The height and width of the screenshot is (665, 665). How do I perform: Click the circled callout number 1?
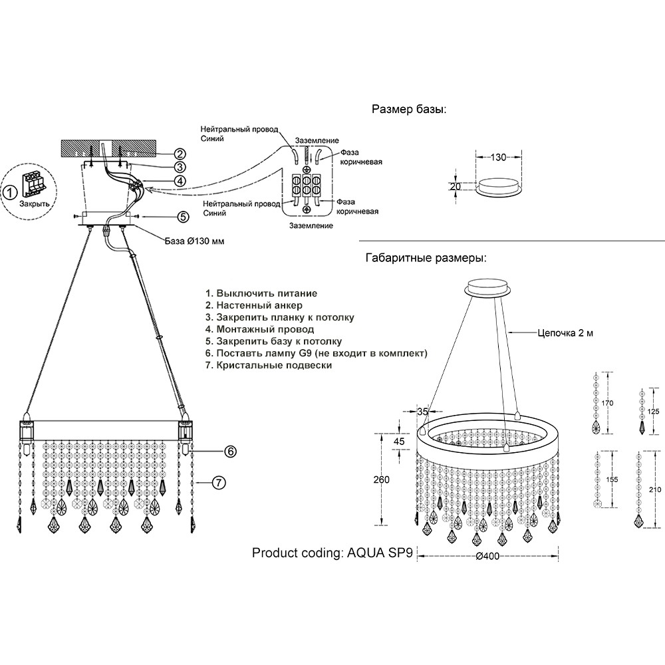pos(9,193)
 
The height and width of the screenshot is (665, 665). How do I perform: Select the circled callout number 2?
pos(161,154)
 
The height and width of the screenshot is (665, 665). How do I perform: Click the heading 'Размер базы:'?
pos(408,110)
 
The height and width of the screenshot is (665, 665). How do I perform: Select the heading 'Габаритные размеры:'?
pos(426,257)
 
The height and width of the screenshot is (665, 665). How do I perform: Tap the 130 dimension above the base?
pos(498,158)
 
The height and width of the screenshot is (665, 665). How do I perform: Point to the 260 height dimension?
pos(381,479)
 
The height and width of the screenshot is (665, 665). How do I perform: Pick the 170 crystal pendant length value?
pos(607,402)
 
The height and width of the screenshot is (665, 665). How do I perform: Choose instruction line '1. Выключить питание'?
pos(261,293)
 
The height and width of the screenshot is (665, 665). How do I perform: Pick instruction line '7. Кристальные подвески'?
pos(268,365)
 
